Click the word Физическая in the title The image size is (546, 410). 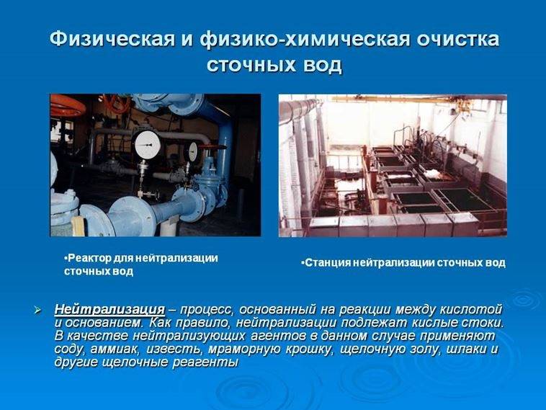[112, 39]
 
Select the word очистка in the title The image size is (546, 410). [458, 39]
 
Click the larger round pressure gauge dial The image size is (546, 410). [148, 145]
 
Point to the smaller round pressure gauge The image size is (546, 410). [191, 151]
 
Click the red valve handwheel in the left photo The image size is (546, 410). [68, 105]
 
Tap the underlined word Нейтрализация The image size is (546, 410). [109, 309]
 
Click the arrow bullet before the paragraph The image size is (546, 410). [37, 310]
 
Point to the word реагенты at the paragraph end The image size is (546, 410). [205, 362]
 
